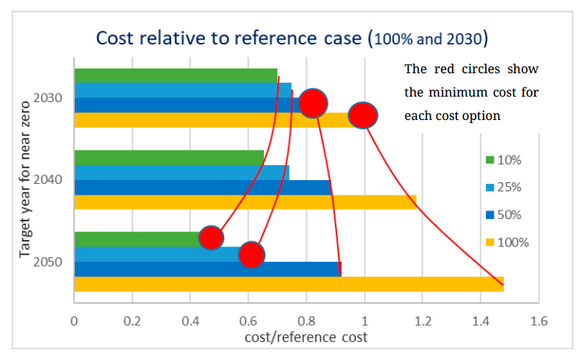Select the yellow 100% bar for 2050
point(288,284)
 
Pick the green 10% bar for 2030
point(175,76)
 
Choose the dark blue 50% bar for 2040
point(202,188)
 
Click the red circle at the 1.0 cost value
point(363,115)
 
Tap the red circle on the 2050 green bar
point(211,238)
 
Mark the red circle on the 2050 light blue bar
point(251,254)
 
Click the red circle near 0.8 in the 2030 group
point(312,102)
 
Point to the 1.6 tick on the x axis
point(538,320)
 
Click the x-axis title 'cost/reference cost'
point(306,337)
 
